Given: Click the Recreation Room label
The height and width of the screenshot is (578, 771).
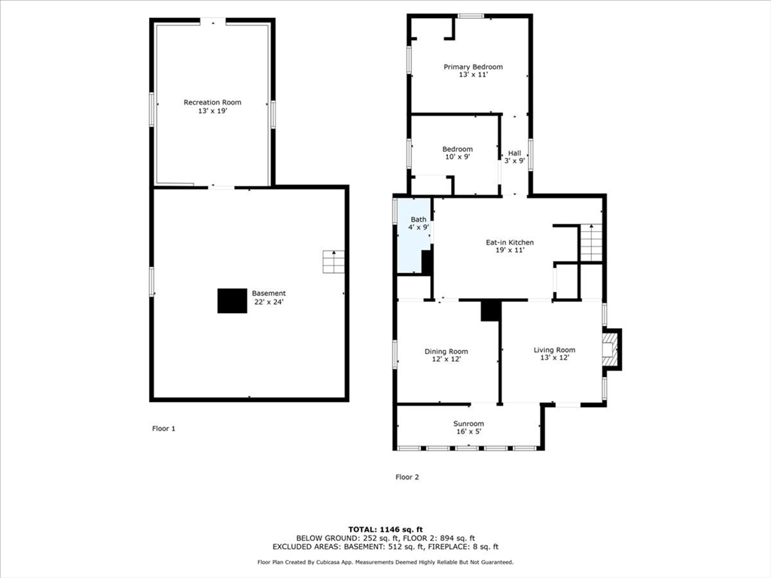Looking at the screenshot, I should pos(212,102).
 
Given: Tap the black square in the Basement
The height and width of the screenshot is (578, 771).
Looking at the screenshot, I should pos(233,300).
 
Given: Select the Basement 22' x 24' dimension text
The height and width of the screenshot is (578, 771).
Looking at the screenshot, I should pos(269,302).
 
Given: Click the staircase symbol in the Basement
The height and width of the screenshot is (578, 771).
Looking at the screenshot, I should pos(334,262).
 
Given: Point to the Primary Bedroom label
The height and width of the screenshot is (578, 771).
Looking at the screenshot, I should pos(473,67).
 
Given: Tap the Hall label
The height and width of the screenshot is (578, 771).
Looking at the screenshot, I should pos(514,153).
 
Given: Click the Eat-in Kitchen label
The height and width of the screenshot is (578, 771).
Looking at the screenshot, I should pos(510,242).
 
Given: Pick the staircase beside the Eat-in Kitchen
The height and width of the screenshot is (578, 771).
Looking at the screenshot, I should pos(591,242).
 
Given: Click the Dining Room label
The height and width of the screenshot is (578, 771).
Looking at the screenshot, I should pos(446,351).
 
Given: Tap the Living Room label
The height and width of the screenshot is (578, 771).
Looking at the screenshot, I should pos(554,350).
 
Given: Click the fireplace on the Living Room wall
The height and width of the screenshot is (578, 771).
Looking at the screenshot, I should pos(611,350).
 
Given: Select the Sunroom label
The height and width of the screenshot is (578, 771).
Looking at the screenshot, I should pos(468,424).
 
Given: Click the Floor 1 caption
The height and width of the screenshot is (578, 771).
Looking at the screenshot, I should pos(163,428).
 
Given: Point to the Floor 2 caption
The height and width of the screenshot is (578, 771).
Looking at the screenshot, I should pos(407,476).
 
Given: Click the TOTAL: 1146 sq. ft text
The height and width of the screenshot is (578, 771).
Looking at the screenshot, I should pos(385,529).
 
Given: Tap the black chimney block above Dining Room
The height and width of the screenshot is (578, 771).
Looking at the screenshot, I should pos(491,311).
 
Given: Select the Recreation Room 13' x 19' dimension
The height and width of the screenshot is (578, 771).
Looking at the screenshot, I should pos(212,111).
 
